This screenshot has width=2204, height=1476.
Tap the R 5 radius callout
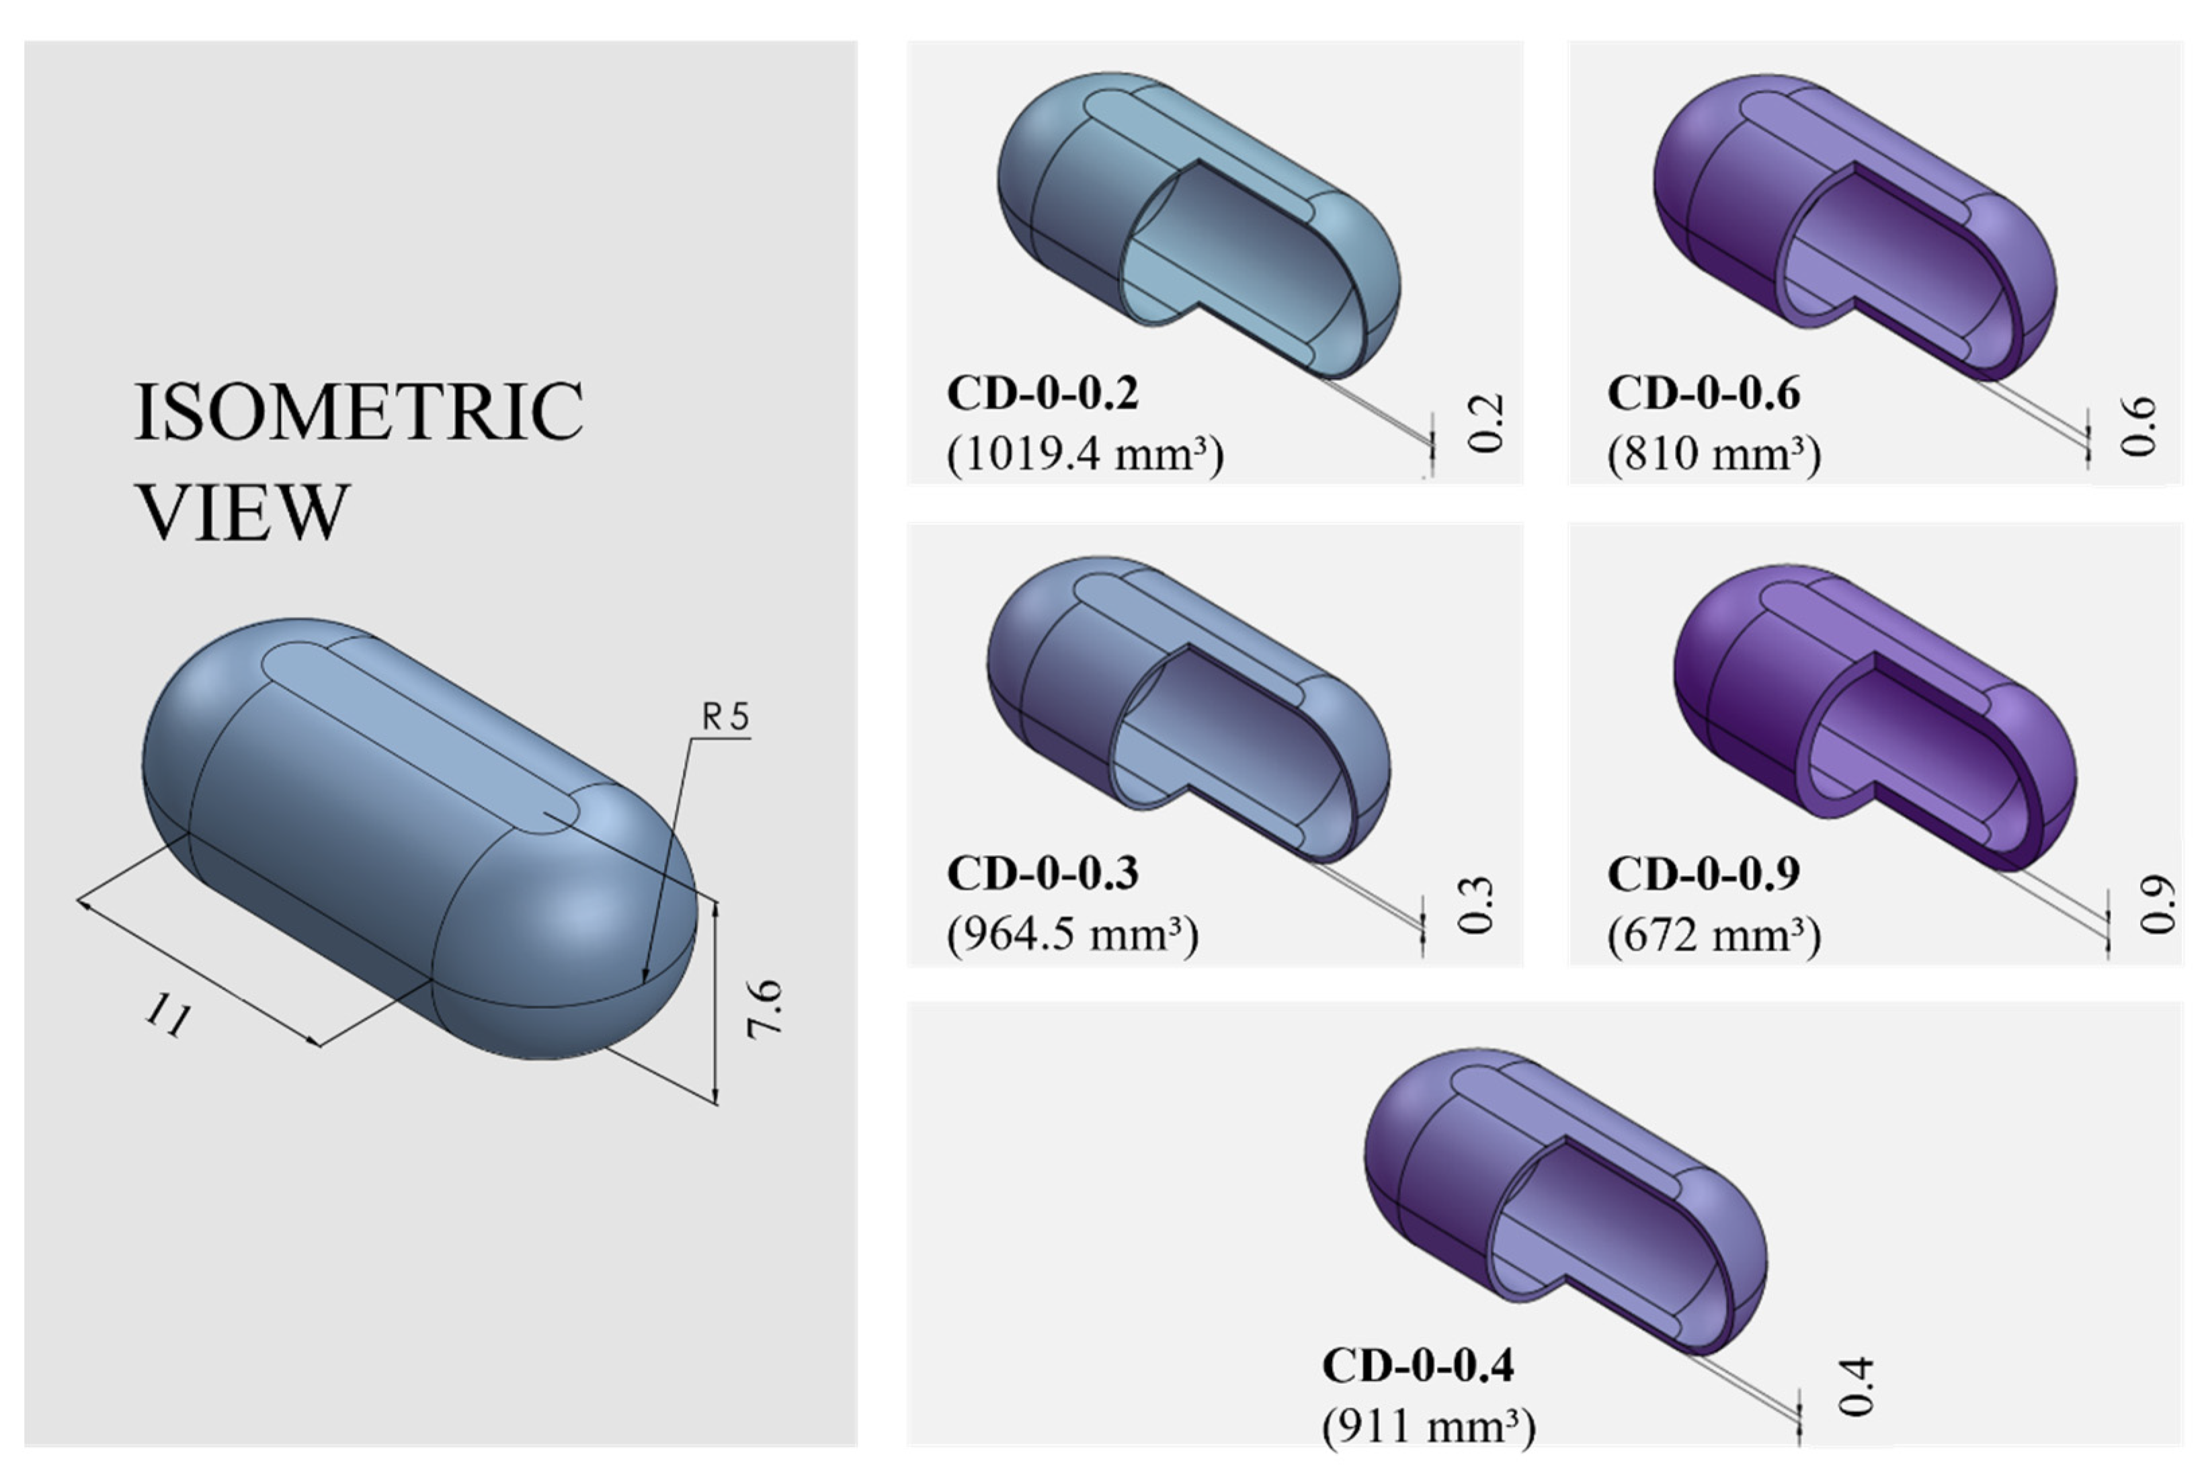click(x=725, y=717)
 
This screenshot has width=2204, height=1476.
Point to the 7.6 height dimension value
click(x=764, y=1009)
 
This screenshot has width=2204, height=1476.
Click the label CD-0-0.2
click(x=1043, y=393)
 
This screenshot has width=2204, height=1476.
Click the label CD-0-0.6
click(x=1703, y=393)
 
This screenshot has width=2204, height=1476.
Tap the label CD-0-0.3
click(x=1043, y=874)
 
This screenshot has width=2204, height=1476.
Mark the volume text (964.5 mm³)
click(x=1073, y=935)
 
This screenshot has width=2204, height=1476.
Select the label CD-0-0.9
click(x=1703, y=874)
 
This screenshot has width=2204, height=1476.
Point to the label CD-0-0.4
click(x=1418, y=1366)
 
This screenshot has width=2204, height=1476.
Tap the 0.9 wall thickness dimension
click(x=2157, y=905)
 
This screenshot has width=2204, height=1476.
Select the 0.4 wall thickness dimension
click(x=1856, y=1387)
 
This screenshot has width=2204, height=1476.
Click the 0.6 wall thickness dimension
click(x=2138, y=426)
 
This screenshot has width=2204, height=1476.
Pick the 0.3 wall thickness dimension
click(x=1475, y=905)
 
